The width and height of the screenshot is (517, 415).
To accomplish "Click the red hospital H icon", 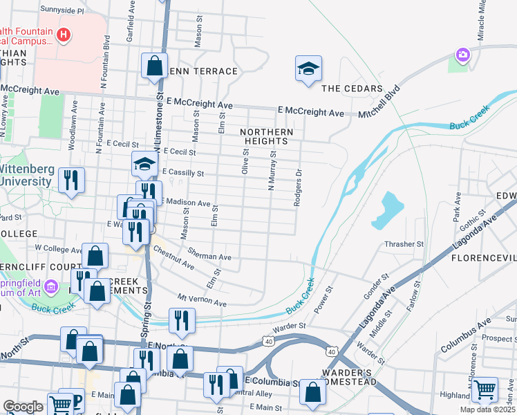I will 64,35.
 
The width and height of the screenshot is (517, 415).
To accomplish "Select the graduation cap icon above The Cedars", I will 308,68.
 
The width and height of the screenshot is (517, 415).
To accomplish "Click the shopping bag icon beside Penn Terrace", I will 154,66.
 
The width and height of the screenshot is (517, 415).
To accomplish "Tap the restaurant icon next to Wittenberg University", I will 71,181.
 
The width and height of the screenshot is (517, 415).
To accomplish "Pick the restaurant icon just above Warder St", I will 182,320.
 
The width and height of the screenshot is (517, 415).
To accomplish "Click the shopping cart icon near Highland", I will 484,390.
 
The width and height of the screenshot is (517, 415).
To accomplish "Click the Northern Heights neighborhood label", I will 267,137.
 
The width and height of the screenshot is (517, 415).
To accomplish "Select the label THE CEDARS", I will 352,89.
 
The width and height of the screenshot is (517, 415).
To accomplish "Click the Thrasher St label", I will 404,244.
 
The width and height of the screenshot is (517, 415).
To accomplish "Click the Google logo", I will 23,407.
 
